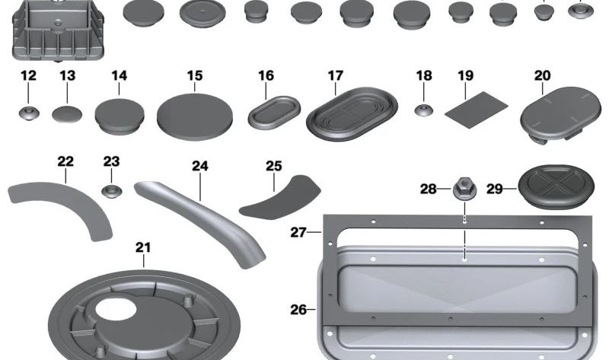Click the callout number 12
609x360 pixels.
pos(28,75)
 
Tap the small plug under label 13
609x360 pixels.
pos(67,114)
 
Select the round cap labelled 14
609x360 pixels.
pos(120,116)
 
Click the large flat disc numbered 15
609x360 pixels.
pos(195,117)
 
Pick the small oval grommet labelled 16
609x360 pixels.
pos(274,112)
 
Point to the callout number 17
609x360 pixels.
pos(336,75)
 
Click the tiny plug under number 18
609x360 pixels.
pos(424,110)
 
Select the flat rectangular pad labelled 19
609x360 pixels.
pos(476,110)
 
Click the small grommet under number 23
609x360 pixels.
pos(111,191)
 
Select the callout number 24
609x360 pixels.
pos(200,166)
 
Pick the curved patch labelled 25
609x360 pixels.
pos(279,198)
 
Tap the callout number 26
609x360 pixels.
pos(298,310)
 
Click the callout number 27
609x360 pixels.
pos(298,232)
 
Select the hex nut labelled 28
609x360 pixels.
pos(464,190)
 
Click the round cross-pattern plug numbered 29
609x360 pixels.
pos(556,187)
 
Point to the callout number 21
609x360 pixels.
pos(143,247)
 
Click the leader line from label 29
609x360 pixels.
pos(510,189)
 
